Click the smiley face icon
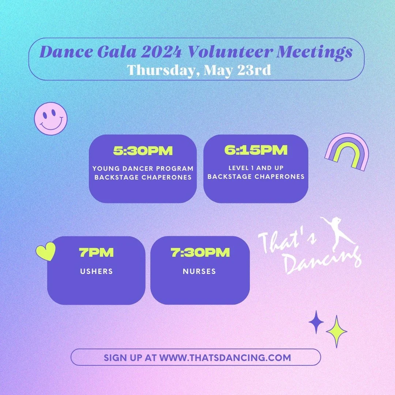(x=51, y=118)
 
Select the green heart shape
(x=46, y=252)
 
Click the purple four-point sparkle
(x=316, y=322)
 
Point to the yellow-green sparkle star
(x=336, y=331)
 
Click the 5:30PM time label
(x=143, y=151)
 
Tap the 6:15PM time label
(x=256, y=150)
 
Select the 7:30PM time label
(x=200, y=252)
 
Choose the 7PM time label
(x=97, y=252)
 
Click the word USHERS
(x=97, y=271)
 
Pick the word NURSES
(x=199, y=271)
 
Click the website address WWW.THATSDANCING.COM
(x=225, y=357)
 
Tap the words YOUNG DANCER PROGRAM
(x=143, y=169)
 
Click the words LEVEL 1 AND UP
(x=256, y=168)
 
